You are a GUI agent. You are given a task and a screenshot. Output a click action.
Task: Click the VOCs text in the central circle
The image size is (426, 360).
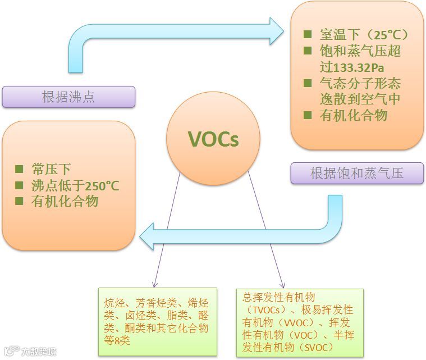click(x=213, y=139)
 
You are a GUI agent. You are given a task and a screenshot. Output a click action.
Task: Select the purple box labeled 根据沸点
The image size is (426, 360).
click(x=68, y=97)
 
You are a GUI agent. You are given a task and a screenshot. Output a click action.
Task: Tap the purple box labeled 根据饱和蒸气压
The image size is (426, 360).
click(x=357, y=173)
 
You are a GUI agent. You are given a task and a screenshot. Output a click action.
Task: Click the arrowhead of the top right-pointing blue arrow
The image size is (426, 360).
click(x=276, y=31)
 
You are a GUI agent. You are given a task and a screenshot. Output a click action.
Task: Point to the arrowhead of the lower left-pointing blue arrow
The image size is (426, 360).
click(x=148, y=236)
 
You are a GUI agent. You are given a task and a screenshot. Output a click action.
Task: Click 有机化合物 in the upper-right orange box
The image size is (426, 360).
click(x=354, y=116)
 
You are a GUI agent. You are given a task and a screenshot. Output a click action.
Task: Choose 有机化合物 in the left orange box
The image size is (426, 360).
click(x=65, y=202)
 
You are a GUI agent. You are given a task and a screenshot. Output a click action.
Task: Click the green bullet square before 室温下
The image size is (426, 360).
click(x=307, y=34)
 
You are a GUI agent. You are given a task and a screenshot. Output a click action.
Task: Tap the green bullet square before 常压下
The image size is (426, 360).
click(x=20, y=169)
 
